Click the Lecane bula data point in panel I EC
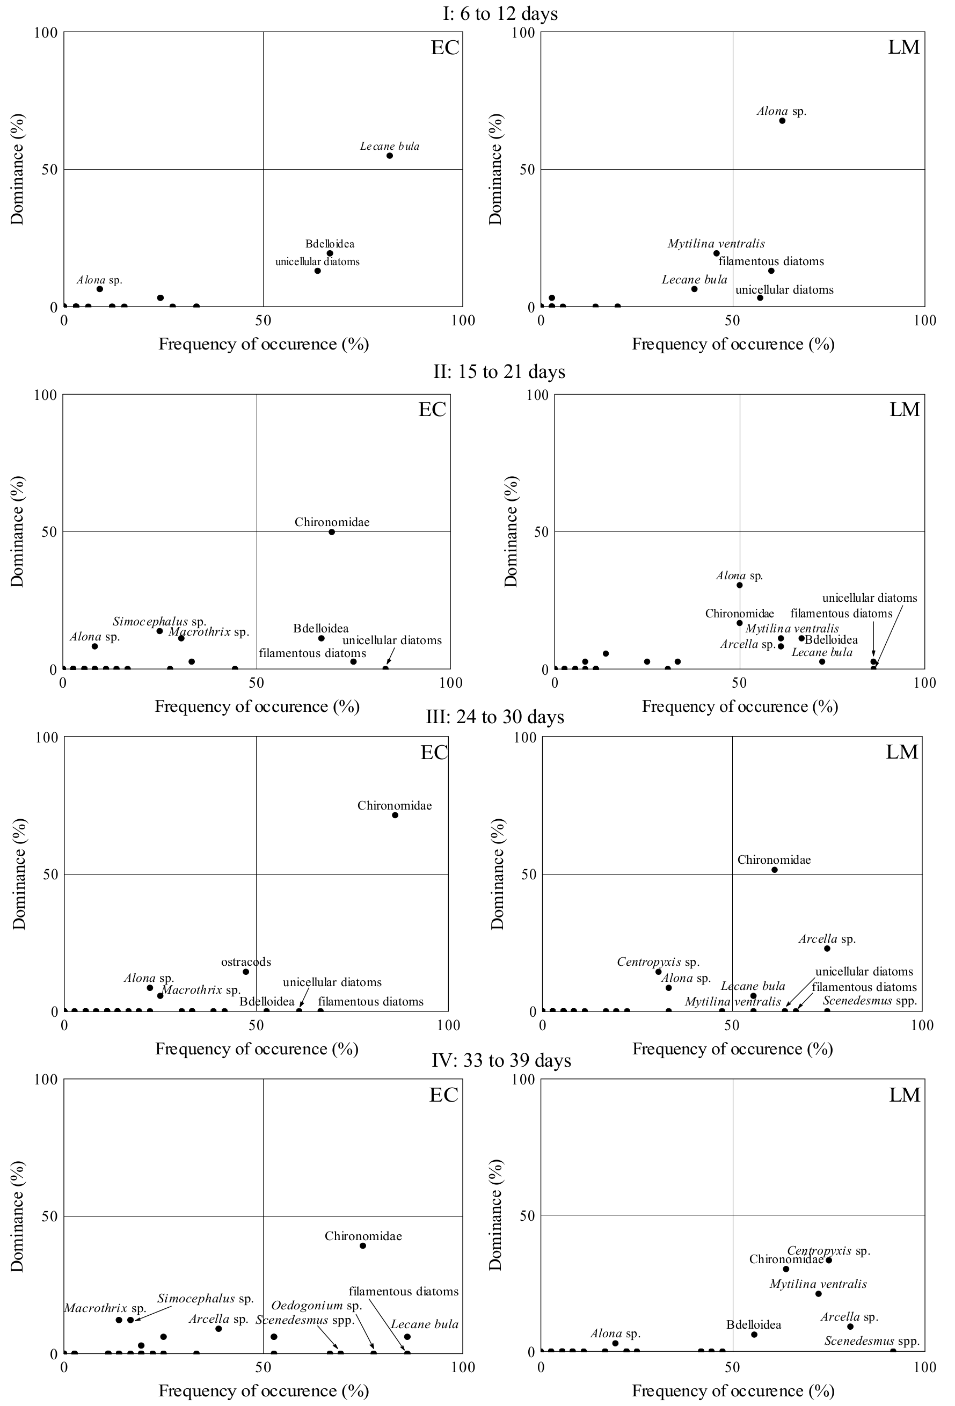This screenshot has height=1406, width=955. (x=390, y=156)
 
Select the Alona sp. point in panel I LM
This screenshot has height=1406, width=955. (x=782, y=121)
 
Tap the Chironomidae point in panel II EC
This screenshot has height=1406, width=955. (x=331, y=532)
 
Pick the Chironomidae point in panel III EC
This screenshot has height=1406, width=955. (x=395, y=815)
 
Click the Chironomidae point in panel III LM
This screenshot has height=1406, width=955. (x=774, y=869)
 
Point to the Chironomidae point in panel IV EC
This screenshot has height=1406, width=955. (x=363, y=1245)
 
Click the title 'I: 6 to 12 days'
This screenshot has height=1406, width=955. (x=500, y=14)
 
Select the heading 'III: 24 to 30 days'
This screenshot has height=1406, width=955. (x=495, y=717)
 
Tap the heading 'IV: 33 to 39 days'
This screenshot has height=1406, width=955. (x=501, y=1061)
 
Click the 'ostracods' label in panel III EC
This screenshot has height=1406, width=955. (x=246, y=961)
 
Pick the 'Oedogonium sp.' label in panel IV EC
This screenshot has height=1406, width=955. (x=316, y=1305)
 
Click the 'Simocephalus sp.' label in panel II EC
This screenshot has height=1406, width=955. (x=159, y=621)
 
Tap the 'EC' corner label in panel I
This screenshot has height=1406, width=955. (x=445, y=48)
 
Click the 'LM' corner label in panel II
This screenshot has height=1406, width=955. (x=905, y=410)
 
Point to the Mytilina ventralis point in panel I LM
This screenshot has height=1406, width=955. (x=717, y=253)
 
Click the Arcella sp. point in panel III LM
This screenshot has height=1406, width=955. (x=827, y=948)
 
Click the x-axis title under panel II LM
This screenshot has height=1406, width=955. (x=740, y=706)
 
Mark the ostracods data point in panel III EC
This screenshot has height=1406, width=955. (x=245, y=972)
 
